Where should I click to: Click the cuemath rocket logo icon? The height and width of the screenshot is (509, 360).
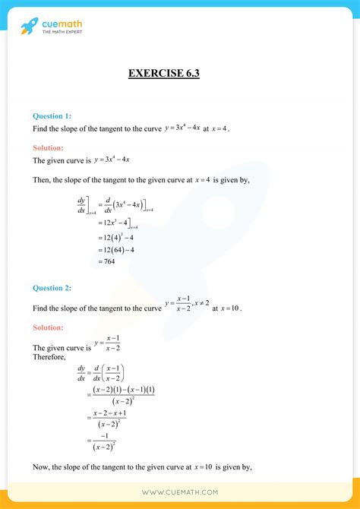coord(30,27)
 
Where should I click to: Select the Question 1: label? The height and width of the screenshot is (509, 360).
coord(52,115)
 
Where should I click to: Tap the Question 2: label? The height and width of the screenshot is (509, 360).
coord(52,288)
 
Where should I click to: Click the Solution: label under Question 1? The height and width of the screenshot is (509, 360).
coord(48,147)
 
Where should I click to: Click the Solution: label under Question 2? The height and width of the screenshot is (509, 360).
coord(48,327)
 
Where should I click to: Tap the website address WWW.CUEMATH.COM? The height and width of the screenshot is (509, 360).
coord(179,493)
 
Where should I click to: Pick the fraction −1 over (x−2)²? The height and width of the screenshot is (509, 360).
coord(106,441)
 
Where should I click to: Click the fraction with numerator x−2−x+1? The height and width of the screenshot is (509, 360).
coord(109,417)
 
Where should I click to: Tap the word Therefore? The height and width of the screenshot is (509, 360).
coord(49,356)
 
